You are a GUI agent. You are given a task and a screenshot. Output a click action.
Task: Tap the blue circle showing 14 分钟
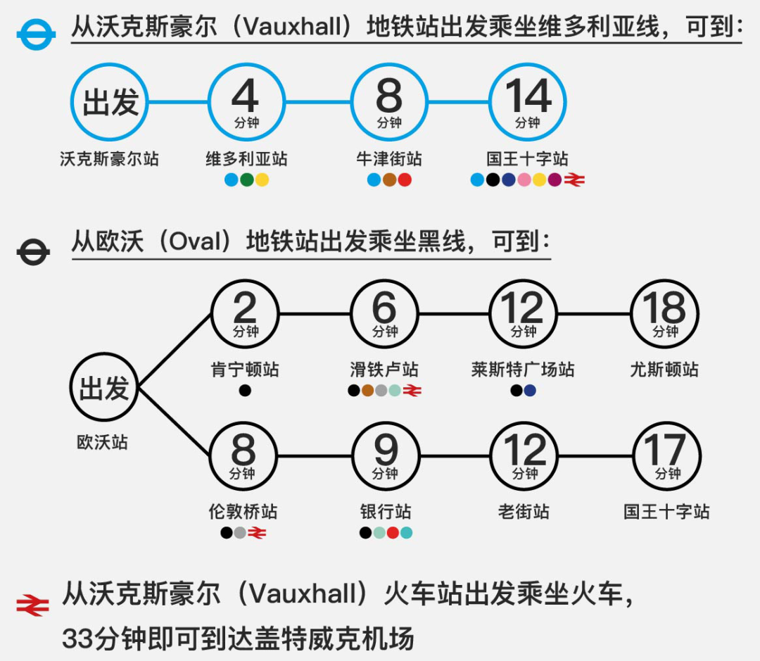[x=528, y=102]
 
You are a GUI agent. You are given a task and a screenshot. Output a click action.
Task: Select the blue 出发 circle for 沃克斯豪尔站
[x=110, y=102]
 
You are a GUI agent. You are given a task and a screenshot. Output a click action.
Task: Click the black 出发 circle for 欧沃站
[x=104, y=388]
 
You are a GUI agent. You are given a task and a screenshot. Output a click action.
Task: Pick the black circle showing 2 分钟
[x=245, y=313]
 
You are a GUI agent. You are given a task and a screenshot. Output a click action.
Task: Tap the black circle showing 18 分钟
[x=664, y=313]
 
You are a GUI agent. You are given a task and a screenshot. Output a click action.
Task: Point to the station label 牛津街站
[x=389, y=159]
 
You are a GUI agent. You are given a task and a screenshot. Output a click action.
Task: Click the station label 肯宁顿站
[x=245, y=370]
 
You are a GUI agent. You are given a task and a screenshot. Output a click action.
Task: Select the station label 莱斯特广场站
[x=523, y=370]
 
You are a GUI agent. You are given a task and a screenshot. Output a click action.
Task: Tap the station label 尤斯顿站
[x=664, y=370]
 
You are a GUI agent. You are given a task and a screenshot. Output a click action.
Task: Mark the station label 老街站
[x=524, y=512]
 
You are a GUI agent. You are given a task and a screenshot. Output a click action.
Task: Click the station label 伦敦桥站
[x=242, y=512]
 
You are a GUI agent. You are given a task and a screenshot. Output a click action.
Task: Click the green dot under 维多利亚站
[x=246, y=180]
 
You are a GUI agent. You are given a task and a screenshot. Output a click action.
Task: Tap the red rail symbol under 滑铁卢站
[x=413, y=391]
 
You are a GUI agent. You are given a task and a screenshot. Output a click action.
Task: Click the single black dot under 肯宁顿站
[x=245, y=391]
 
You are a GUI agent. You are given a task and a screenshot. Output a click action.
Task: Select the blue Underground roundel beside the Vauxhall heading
[x=35, y=34]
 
